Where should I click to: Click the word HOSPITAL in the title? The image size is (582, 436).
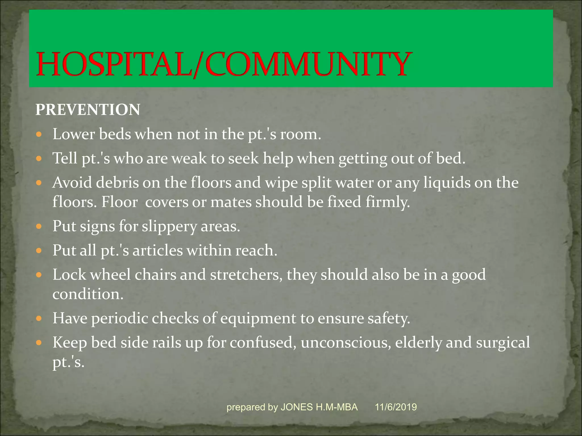coord(114,64)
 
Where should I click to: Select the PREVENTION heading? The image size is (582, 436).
coord(88,110)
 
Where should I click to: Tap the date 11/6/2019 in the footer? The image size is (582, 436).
coord(396,407)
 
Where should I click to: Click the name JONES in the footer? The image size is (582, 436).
coord(297,407)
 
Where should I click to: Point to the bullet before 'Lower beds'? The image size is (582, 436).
coord(39,134)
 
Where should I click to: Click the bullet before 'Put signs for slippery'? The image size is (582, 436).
coord(39,227)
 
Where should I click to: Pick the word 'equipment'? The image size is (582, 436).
coord(258,318)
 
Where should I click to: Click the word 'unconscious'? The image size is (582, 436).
coord(346,342)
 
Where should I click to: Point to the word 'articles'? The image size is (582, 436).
coord(157,251)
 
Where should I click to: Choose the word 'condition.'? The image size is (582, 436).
coord(88,294)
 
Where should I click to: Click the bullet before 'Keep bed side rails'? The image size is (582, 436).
coord(39,343)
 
